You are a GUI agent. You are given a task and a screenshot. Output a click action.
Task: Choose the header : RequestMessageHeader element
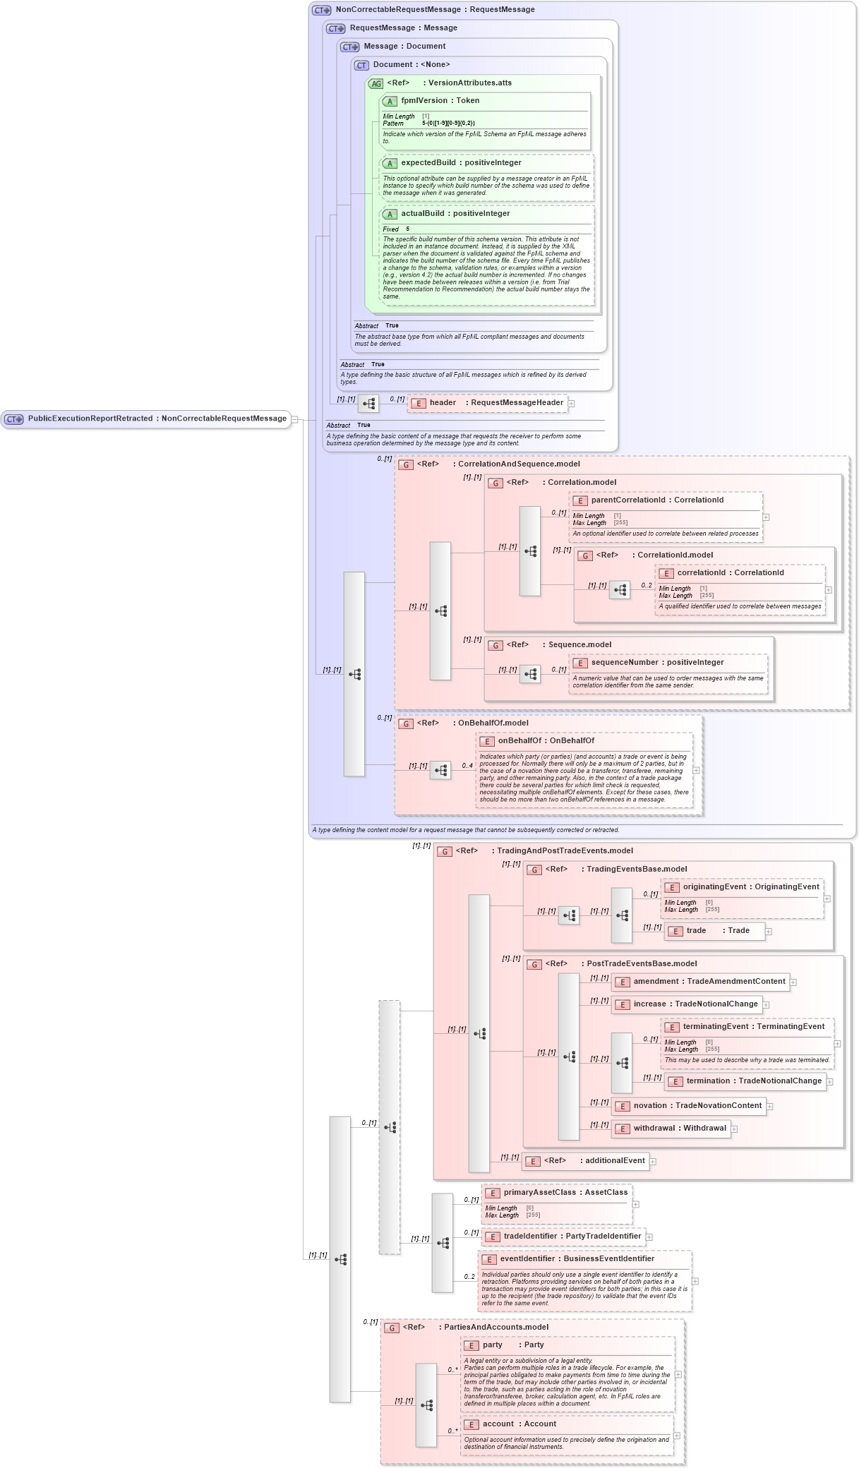pos(495,403)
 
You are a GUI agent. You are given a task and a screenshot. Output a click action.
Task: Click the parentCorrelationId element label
pos(656,500)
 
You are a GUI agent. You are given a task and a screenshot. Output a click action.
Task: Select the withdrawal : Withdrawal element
pos(679,1129)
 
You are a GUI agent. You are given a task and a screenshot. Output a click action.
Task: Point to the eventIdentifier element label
pos(577,1259)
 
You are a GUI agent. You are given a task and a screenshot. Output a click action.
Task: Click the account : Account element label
pos(519,1424)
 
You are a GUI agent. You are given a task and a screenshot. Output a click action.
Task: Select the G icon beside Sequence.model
pos(496,646)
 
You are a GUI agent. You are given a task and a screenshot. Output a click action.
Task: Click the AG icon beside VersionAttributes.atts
pos(376,84)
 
